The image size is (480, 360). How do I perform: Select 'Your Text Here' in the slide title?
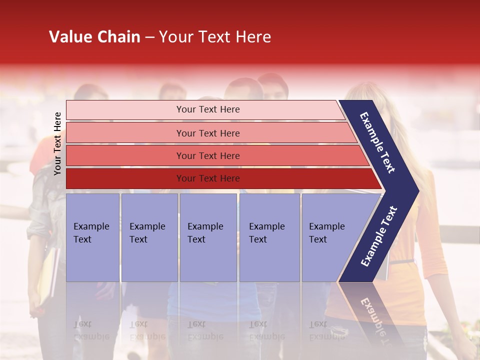pos(214,37)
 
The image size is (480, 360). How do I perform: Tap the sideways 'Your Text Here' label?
pos(57,143)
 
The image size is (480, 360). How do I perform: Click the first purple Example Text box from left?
pos(92,237)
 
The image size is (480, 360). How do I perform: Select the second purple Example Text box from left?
pos(149,237)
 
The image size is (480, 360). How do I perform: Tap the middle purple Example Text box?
pos(208,237)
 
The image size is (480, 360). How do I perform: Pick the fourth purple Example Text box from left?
pos(269,237)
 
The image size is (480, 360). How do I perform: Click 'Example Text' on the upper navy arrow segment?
pos(377,142)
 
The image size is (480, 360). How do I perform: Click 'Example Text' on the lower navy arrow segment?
pos(379,236)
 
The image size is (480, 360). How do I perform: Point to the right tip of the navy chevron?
pos(418,190)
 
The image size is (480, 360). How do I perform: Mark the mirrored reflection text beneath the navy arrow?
pos(372,317)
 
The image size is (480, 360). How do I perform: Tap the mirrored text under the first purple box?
pos(91,330)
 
